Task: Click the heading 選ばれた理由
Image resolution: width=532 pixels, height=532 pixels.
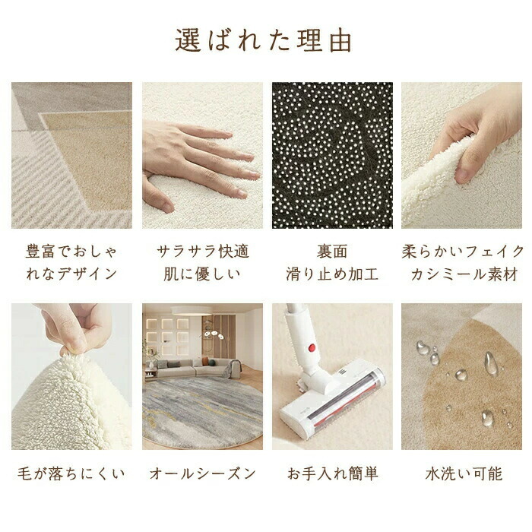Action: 263,41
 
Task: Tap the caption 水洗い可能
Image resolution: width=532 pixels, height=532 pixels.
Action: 464,473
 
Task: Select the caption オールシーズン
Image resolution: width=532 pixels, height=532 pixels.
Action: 203,473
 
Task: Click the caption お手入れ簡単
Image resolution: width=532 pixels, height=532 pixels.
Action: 333,473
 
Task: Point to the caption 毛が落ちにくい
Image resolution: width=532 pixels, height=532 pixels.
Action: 71,473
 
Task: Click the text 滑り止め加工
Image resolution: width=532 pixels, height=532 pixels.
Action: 332,274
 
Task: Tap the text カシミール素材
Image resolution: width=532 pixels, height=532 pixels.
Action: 464,274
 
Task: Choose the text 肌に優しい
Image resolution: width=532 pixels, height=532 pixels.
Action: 202,274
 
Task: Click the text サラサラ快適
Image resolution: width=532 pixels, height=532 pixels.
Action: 203,252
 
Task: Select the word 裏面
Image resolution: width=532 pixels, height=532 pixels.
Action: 332,252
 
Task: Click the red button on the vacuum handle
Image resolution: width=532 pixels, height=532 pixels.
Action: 312,347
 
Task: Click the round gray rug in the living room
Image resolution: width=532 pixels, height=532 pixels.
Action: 202,413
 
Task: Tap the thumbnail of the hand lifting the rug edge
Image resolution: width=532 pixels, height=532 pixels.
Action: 461,155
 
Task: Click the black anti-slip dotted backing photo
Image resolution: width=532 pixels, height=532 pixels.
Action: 332,155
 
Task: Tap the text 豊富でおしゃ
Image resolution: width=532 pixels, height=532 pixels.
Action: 71,252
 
